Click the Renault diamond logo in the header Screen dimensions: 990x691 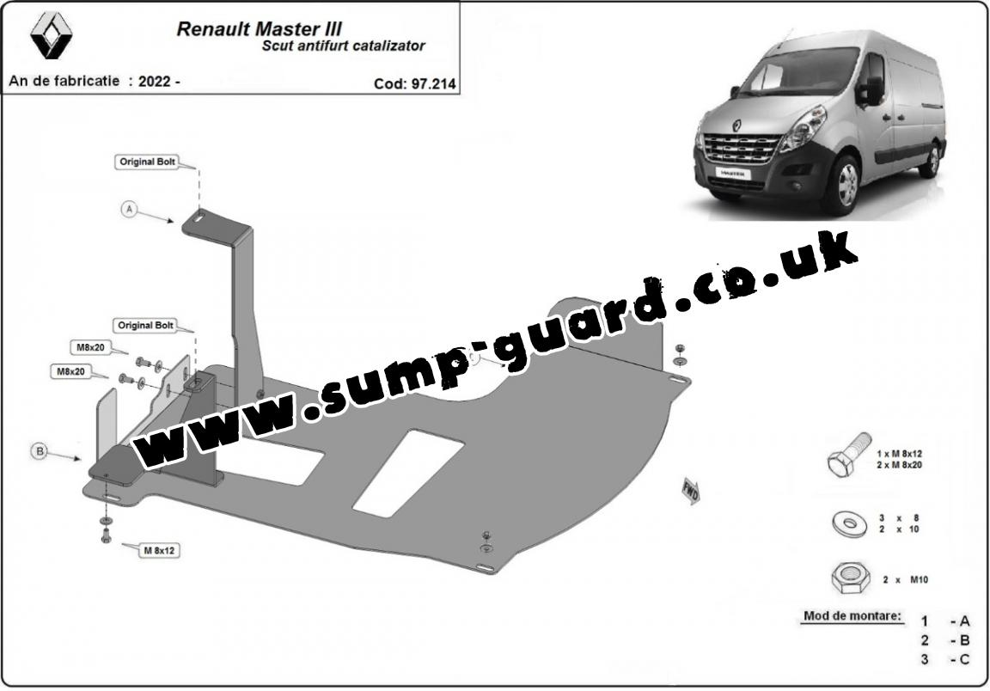click(52, 36)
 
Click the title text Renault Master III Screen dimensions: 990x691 click(260, 29)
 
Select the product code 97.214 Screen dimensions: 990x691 click(432, 84)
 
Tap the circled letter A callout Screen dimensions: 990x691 click(130, 209)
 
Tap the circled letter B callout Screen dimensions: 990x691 click(40, 451)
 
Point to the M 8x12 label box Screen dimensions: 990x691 click(159, 550)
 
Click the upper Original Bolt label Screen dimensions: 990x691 click(147, 162)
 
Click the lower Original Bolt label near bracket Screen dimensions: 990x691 click(145, 325)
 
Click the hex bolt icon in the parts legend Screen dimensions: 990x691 click(848, 456)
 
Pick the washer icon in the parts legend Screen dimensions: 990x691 click(849, 523)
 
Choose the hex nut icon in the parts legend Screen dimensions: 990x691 click(850, 578)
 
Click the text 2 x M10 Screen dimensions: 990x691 click(905, 580)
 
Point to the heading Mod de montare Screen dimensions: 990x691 click(852, 616)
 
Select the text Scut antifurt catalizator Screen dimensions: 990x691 click(344, 46)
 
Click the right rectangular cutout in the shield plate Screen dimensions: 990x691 click(408, 471)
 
